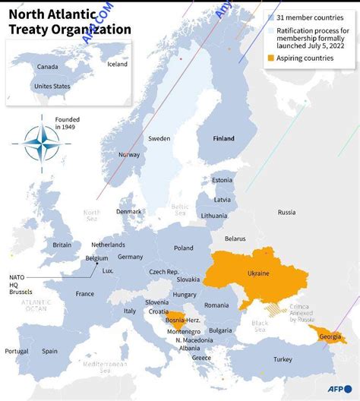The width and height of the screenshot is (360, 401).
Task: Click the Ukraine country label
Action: pyautogui.click(x=258, y=273)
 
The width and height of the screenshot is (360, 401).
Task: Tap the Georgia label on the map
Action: pyautogui.click(x=330, y=336)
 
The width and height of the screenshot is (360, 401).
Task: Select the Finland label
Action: pyautogui.click(x=223, y=139)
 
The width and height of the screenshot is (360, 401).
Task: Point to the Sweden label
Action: pyautogui.click(x=159, y=139)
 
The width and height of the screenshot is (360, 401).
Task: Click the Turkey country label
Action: pyautogui.click(x=283, y=359)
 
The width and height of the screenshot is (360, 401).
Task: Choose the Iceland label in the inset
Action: pyautogui.click(x=118, y=64)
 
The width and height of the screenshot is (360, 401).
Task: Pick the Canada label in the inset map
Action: pyautogui.click(x=48, y=67)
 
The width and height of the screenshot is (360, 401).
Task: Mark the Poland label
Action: pyautogui.click(x=183, y=248)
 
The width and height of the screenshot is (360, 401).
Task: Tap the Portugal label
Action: pyautogui.click(x=17, y=351)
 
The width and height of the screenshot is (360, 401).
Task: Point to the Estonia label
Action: pyautogui.click(x=222, y=180)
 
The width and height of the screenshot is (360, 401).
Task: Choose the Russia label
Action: pyautogui.click(x=286, y=213)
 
